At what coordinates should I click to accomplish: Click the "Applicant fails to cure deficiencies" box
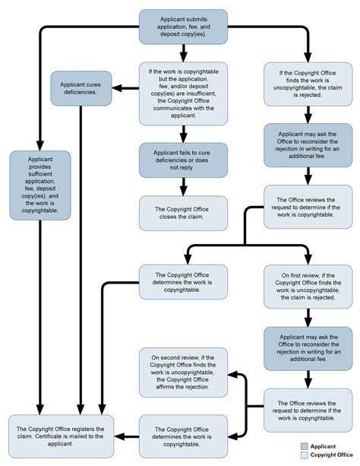(183, 160)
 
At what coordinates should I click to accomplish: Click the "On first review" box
(308, 287)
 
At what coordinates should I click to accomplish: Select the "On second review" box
(183, 372)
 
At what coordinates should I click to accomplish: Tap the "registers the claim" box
(61, 436)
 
